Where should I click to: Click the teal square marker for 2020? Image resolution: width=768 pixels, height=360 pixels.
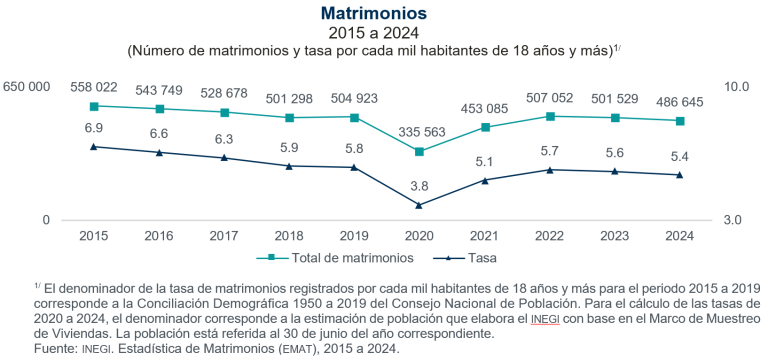click(420, 152)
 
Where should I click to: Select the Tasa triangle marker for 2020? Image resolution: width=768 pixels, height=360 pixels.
click(420, 205)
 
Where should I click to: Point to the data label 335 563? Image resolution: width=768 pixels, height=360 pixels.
click(420, 131)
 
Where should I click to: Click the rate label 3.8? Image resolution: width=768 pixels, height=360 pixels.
click(420, 186)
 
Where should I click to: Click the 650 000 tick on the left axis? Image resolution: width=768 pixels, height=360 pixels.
click(27, 88)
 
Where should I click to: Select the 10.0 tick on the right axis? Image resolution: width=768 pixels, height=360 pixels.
click(736, 88)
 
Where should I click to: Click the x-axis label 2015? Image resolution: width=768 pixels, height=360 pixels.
click(94, 236)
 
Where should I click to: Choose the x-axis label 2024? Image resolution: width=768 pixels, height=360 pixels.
click(680, 236)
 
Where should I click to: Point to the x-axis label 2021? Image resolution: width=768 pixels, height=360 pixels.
click(485, 236)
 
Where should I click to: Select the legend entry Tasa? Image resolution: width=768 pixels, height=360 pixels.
click(483, 258)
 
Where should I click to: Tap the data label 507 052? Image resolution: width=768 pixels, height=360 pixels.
click(550, 98)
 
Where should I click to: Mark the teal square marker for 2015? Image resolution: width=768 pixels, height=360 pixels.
click(94, 106)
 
